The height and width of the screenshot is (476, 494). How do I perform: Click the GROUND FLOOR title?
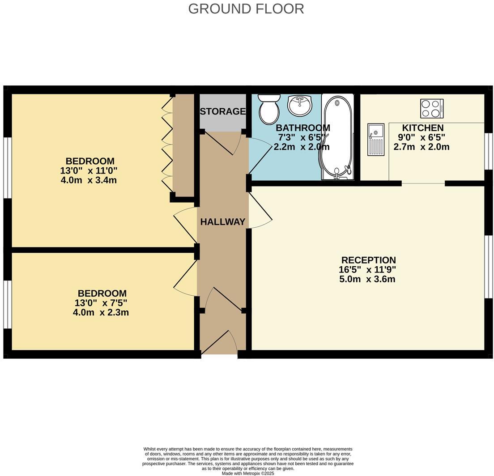pos(246,8)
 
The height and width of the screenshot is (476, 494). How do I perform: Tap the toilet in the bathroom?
pos(269,109)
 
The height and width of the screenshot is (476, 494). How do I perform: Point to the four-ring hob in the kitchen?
pos(432,108)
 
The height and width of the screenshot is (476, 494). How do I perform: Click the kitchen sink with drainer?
pos(376,140)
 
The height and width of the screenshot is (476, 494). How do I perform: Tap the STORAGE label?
pos(222,111)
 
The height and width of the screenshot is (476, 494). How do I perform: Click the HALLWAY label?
pos(222,222)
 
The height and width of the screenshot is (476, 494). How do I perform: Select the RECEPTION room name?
pos(368,260)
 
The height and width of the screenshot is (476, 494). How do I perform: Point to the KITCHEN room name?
pos(422,128)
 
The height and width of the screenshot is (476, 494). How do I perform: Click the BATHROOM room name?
pos(302,128)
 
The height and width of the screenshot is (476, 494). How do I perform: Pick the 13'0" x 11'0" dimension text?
pos(89,171)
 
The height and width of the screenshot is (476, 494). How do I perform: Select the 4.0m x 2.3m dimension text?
pos(101,312)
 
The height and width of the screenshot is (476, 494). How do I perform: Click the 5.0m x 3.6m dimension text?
pos(367,279)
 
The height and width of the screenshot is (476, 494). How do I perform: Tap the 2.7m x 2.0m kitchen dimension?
pos(421,147)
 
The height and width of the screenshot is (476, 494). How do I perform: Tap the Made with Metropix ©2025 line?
pos(247,473)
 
